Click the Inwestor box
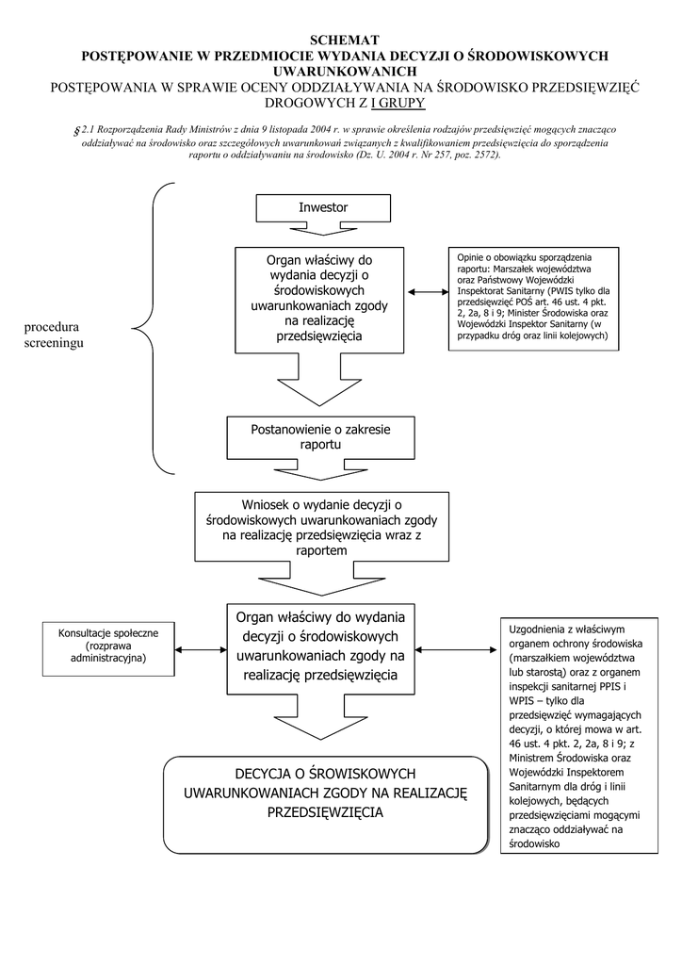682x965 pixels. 323,207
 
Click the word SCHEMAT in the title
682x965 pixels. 345,40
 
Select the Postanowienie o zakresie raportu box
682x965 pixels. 320,436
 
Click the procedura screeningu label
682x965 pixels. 54,335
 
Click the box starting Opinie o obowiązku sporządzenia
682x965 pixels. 534,301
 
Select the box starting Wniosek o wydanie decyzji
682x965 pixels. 320,527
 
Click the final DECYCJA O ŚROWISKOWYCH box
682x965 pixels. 325,804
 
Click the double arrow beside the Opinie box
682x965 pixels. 428,293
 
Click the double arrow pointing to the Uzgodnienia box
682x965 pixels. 456,649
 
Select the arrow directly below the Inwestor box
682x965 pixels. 323,230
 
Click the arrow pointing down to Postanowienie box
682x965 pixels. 320,386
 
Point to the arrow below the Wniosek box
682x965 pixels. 320,580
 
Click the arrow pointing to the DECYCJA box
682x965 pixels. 320,727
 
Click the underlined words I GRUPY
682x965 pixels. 398,103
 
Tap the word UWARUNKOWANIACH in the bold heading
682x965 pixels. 345,72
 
